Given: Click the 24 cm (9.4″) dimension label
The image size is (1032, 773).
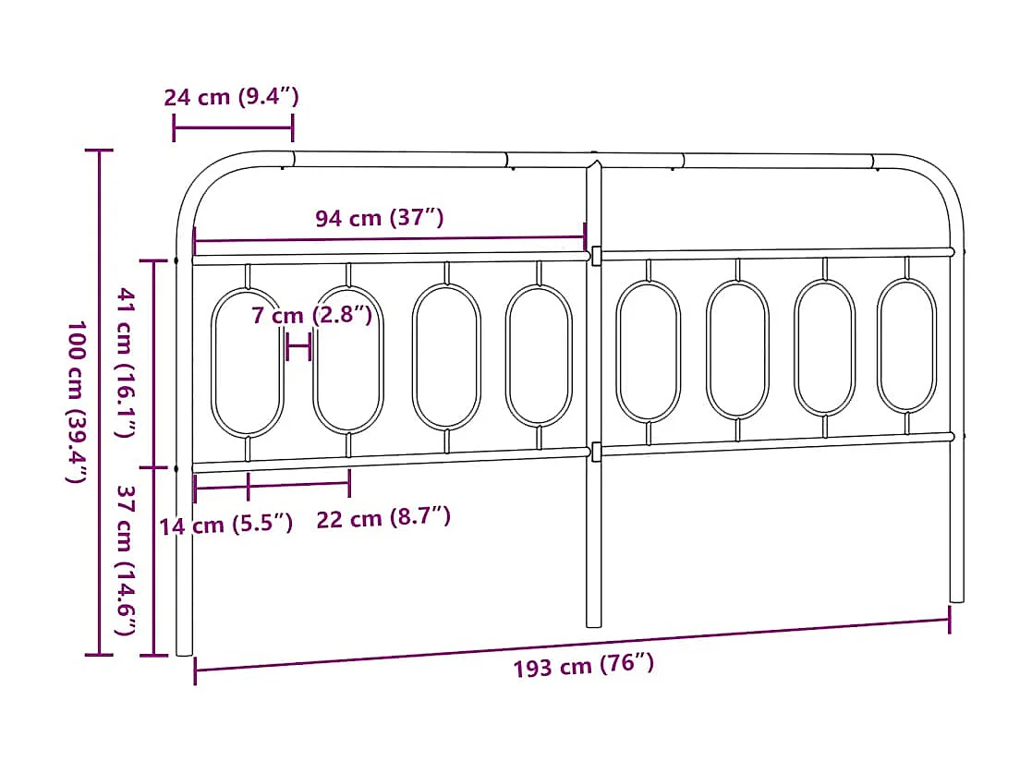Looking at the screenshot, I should coord(232,97).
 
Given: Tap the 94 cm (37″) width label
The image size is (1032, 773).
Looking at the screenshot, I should coord(380,219).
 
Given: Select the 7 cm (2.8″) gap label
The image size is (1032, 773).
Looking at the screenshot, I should coord(312,316).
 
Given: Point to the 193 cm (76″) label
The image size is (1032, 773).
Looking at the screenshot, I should coord(584,665).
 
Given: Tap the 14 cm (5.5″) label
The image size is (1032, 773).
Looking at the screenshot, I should coord(225,525).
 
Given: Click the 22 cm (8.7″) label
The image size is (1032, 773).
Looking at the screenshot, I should coord(383,518).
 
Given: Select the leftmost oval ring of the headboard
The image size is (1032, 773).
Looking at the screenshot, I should coord(248,363).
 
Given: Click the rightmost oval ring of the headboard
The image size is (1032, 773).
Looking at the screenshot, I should coord(906,345).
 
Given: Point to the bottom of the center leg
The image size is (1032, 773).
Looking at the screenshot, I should coord(594,621).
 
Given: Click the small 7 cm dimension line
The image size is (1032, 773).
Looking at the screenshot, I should coord(298,349).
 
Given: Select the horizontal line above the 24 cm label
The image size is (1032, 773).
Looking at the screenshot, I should coord(233,127).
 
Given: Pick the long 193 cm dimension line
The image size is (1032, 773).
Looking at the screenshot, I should coord(573,644).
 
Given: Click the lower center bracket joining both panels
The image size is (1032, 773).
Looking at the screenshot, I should coord(596,452).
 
